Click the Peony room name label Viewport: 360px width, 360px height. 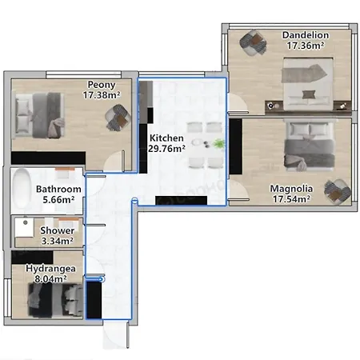click(x=102, y=84)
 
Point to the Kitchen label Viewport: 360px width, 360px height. click(x=166, y=138)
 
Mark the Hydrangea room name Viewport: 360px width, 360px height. click(x=50, y=269)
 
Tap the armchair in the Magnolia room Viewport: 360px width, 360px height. click(x=336, y=190)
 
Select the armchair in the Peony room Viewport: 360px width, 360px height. click(x=117, y=119)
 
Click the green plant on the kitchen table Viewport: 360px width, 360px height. click(x=218, y=143)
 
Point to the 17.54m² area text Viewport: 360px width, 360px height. click(x=290, y=200)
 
